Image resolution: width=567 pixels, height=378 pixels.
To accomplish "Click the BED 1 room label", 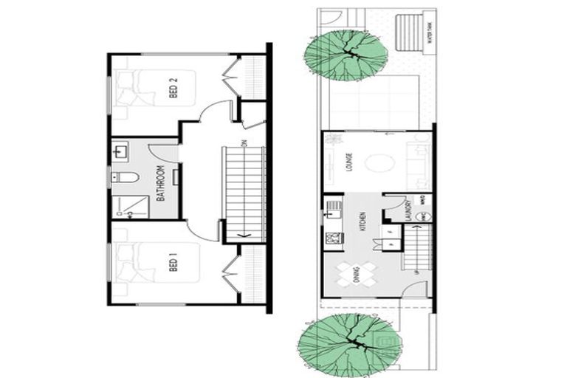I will click(x=174, y=262).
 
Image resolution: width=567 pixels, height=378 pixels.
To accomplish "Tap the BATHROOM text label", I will click(x=160, y=183).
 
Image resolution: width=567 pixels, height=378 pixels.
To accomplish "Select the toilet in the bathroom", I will click(x=126, y=177).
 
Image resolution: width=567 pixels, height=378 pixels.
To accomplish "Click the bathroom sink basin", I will click(x=120, y=153).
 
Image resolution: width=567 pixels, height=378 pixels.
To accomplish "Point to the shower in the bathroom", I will click(x=129, y=207).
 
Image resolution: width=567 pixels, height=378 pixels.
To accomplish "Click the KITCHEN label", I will click(x=362, y=219).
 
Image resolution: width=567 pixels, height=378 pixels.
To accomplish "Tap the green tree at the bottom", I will click(x=351, y=343).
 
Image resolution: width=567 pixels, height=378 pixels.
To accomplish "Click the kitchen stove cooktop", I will click(x=332, y=238).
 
